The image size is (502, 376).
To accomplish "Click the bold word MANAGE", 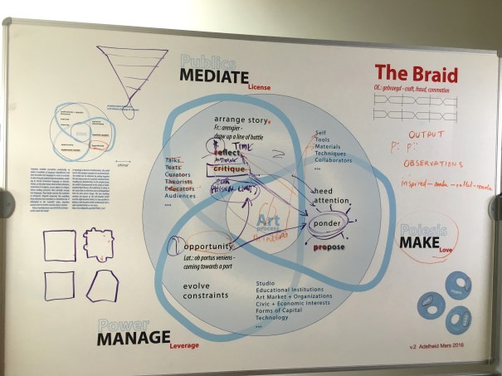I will [x=133, y=339].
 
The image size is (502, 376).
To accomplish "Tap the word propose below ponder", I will [x=329, y=247].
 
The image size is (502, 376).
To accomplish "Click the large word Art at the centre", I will [x=268, y=219].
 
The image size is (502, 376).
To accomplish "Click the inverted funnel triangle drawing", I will [x=132, y=66].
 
